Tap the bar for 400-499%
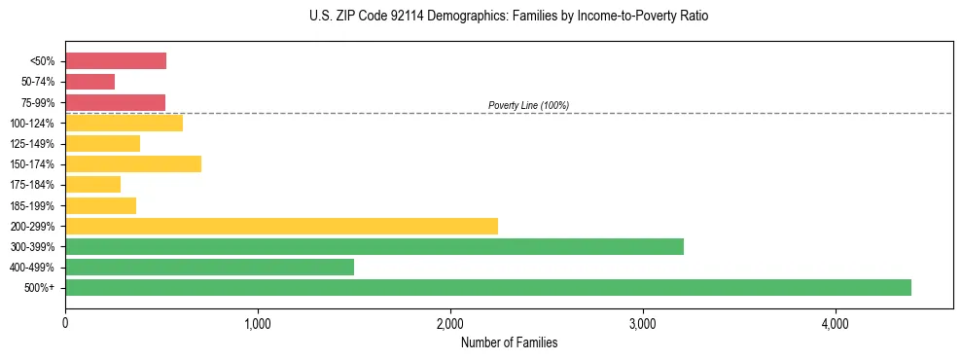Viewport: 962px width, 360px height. click(x=209, y=267)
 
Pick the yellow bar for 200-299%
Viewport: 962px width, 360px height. click(x=281, y=226)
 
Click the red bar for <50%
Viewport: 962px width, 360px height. click(x=116, y=61)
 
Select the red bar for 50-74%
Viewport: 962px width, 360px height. click(x=89, y=82)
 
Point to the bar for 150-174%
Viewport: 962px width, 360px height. click(x=133, y=163)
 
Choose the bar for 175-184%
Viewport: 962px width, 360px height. click(x=92, y=184)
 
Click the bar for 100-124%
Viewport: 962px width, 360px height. click(x=124, y=123)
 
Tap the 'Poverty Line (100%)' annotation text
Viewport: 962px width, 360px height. click(x=528, y=105)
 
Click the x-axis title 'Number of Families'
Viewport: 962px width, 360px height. click(x=509, y=342)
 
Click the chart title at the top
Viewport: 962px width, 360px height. click(x=510, y=18)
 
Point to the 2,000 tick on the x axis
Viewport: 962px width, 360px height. click(x=450, y=322)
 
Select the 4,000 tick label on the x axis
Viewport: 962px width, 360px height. click(x=836, y=322)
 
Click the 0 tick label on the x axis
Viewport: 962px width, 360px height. click(x=65, y=322)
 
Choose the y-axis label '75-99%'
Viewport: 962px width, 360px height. click(x=39, y=102)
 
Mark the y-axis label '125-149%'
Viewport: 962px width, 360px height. click(x=36, y=144)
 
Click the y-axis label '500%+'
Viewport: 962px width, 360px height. click(x=41, y=288)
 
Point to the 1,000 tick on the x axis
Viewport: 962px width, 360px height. click(x=258, y=322)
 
